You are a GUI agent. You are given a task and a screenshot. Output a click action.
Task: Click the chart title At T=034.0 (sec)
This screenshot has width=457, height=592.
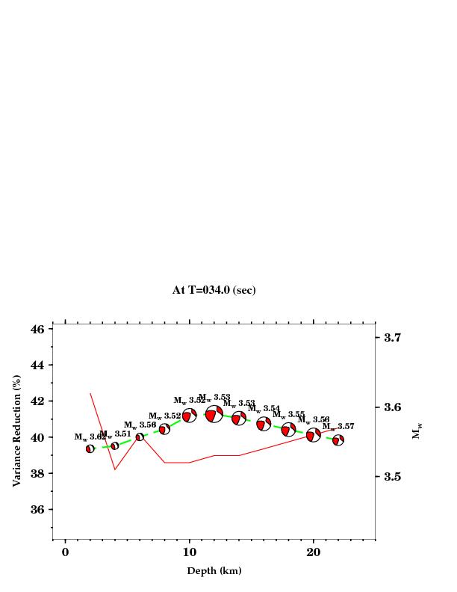point(214,290)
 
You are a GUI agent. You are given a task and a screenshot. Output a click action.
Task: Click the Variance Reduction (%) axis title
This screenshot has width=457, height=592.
point(16,431)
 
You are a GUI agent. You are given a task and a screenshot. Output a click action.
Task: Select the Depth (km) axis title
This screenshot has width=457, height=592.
point(214,571)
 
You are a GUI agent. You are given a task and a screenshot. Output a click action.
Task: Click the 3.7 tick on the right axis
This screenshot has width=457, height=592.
point(393,338)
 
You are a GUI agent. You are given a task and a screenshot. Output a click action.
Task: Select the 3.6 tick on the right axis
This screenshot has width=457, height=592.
point(393,407)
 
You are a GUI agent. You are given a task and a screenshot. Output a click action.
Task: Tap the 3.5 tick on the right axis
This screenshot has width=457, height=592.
point(393,476)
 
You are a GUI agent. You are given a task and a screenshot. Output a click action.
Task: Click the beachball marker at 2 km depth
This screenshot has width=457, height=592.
point(90,448)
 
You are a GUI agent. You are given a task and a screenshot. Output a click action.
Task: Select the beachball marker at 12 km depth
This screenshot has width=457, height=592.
point(214,414)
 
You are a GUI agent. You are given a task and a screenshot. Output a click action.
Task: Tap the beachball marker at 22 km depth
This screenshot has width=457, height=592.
point(338,440)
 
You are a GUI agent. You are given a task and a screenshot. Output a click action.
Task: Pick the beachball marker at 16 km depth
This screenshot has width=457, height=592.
point(264,424)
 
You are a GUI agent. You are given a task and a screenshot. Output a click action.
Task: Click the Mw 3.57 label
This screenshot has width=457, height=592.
point(338,427)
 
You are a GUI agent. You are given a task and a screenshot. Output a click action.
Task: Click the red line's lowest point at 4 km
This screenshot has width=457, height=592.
point(115,469)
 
